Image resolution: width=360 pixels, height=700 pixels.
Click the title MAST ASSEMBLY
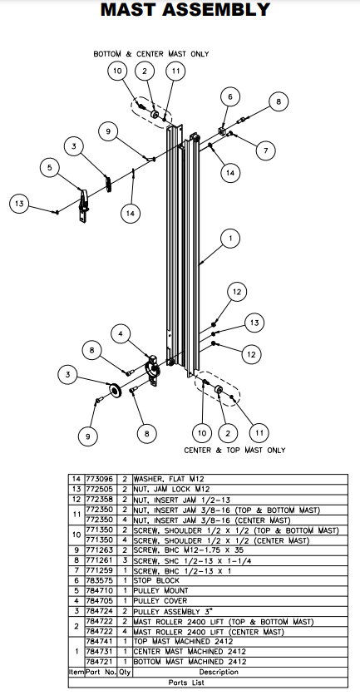(185, 11)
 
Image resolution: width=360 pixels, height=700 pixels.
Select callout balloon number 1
(229, 239)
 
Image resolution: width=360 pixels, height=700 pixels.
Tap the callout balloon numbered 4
(121, 335)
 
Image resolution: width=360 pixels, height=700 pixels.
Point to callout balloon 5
(51, 168)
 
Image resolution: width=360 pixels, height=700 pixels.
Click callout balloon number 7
(264, 151)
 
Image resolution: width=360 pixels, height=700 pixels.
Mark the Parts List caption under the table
(179, 681)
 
